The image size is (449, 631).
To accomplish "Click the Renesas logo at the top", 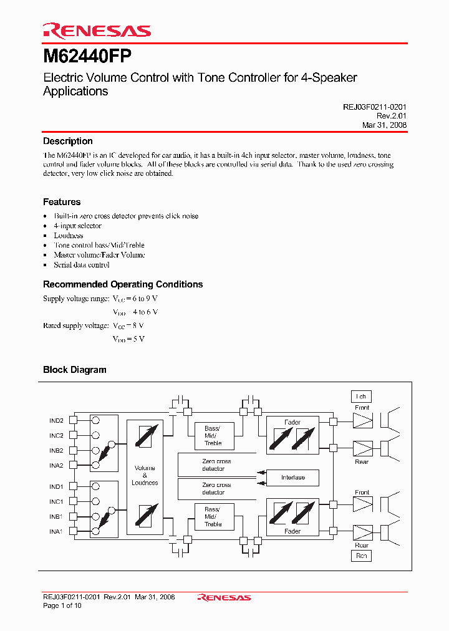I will tap(96, 31).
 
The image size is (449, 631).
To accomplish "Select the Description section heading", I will tap(67, 142).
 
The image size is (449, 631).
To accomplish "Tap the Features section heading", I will tap(62, 202).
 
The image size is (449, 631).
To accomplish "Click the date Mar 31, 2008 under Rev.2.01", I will tap(384, 125).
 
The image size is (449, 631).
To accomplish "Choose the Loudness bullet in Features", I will tap(69, 236).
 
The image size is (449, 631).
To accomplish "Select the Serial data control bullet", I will tap(82, 265).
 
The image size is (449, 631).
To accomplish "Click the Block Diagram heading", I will tap(75, 370).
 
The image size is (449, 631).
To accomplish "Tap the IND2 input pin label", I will tap(57, 421).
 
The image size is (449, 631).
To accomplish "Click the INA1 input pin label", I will tap(57, 531).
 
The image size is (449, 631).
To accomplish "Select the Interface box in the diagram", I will tap(293, 478).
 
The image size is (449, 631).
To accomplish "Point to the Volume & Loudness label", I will tap(145, 475).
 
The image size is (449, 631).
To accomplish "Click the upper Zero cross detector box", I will tap(216, 465).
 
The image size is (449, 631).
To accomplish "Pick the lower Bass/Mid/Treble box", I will tap(213, 517).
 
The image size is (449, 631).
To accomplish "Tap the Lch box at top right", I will tap(361, 397).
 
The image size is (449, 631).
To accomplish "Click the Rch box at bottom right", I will tap(361, 556).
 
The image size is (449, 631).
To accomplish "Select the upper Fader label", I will tap(292, 422).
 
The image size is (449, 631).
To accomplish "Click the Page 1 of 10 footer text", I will tap(62, 605).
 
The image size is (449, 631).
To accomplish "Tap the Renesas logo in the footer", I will tap(224, 597).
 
